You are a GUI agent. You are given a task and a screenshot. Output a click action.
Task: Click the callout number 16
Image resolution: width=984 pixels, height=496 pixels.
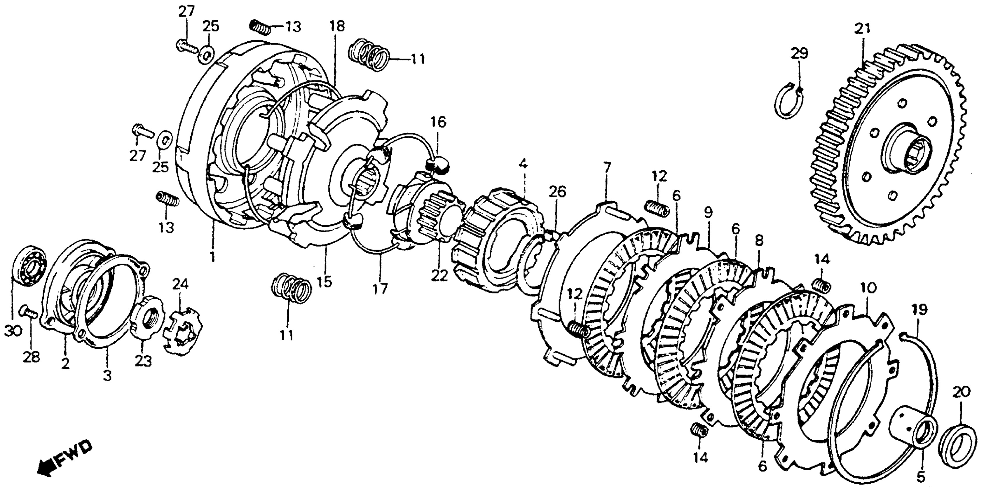(x=439, y=123)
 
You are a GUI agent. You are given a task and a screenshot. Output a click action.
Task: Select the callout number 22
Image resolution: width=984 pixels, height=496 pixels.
(x=439, y=275)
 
